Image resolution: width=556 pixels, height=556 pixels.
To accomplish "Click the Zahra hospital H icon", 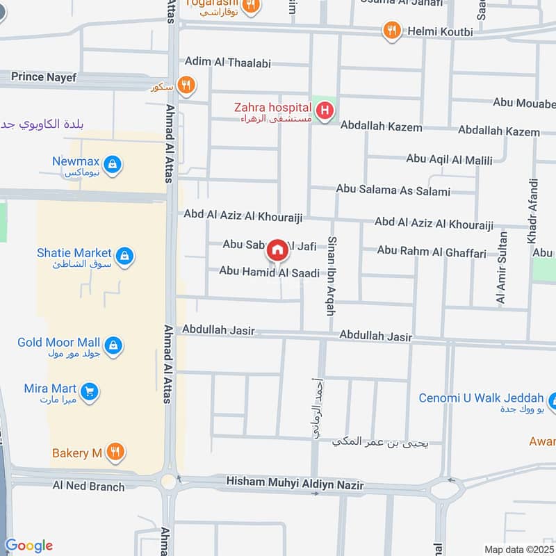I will [x=324, y=110].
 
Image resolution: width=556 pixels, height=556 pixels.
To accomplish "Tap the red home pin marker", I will [x=277, y=249].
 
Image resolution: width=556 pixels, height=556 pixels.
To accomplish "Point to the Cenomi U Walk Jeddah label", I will [x=480, y=398].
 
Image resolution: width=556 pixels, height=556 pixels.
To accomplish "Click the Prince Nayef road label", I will [x=43, y=77].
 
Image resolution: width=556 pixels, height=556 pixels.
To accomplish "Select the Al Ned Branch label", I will [x=88, y=486].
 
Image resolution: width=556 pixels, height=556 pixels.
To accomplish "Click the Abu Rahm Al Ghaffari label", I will [x=431, y=253].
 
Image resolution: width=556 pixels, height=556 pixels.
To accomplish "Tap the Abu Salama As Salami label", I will [x=393, y=190].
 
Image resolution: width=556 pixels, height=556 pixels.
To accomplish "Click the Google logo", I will [x=29, y=546].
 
